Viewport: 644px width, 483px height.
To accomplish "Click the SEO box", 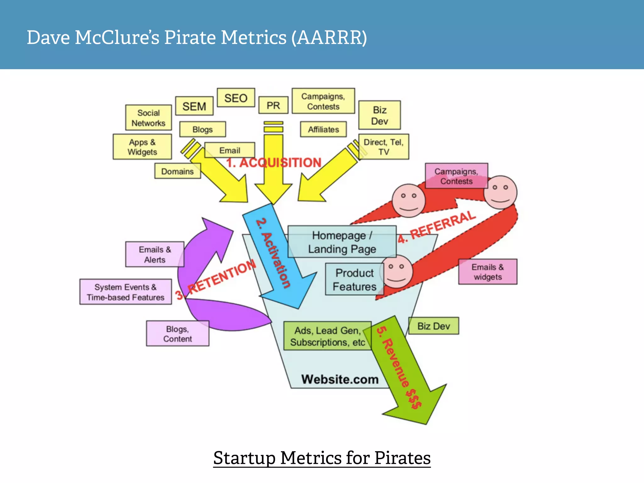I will click(x=236, y=98).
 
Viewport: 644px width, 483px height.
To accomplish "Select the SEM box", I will click(x=194, y=106).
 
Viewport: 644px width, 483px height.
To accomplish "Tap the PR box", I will click(x=273, y=105).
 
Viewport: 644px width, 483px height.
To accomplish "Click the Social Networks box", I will click(x=148, y=118).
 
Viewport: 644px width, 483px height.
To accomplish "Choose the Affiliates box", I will click(x=323, y=129).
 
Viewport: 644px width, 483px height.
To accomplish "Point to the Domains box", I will click(x=177, y=171).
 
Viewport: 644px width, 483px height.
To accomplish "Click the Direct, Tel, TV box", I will click(x=384, y=147).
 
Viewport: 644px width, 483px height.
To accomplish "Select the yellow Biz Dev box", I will click(x=380, y=115).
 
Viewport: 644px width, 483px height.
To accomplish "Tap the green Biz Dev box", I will click(x=433, y=326).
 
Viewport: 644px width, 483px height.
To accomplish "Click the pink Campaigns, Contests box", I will click(x=456, y=176).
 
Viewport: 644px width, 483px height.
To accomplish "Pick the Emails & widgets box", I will click(x=487, y=272).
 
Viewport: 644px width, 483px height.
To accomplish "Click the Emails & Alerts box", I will click(x=155, y=254).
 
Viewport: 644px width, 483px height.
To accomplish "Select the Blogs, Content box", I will click(x=177, y=334).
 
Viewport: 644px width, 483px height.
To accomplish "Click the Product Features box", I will click(x=354, y=280).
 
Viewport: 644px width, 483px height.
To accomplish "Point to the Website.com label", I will click(x=340, y=379).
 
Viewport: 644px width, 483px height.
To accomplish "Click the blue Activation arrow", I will click(x=277, y=258).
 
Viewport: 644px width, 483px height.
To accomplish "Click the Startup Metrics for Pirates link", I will click(x=322, y=458).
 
